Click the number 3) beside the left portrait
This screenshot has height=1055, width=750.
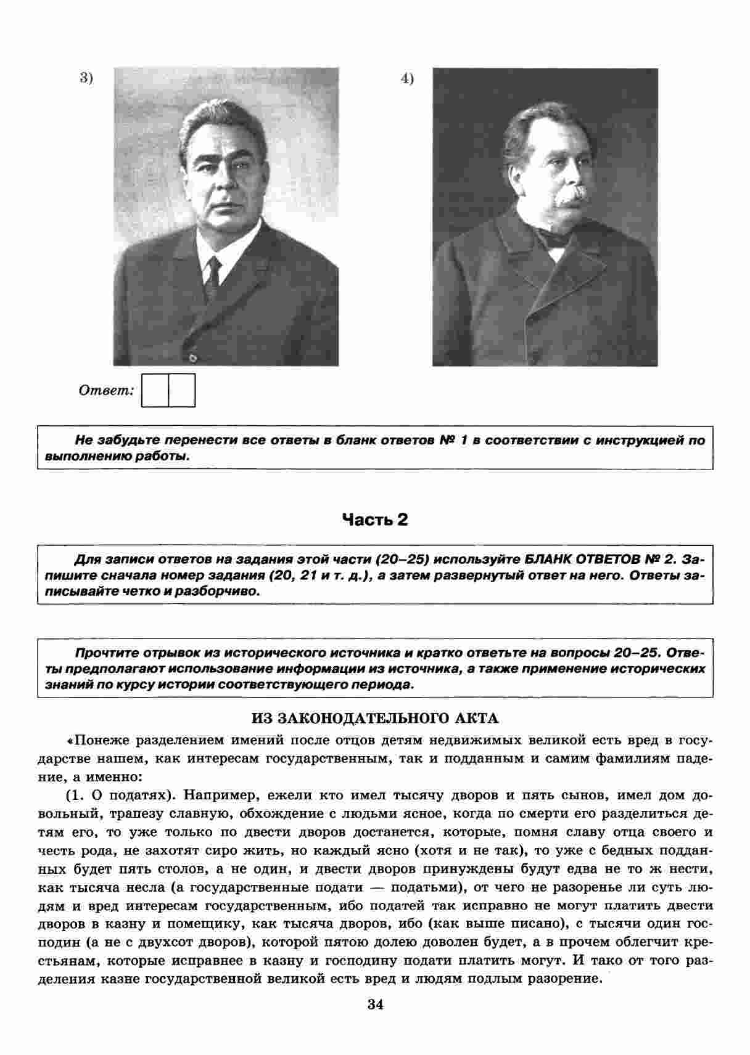click(x=86, y=78)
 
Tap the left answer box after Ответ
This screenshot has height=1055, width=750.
click(x=155, y=390)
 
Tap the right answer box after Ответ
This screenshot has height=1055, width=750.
click(x=182, y=390)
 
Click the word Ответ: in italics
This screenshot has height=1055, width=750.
click(x=106, y=391)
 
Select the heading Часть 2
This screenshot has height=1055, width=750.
click(x=375, y=520)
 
